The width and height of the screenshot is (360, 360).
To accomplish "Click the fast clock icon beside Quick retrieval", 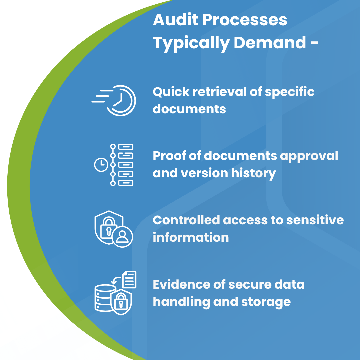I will pos(114,101).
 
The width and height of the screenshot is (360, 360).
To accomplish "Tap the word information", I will pos(191,237).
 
